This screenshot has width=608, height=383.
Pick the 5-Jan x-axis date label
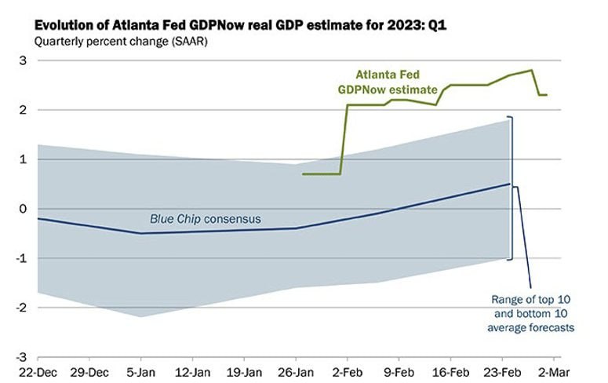tap(142, 372)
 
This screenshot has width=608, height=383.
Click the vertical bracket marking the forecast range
tap(512, 188)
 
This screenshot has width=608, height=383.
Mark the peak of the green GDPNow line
tap(533, 70)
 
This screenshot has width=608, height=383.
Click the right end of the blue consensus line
tap(509, 184)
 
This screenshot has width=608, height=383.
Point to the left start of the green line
tap(303, 173)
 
